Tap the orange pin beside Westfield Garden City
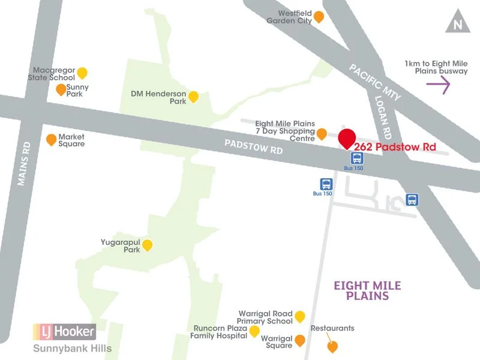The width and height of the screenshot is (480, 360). pyautogui.click(x=319, y=17)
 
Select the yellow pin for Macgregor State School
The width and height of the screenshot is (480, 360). pyautogui.click(x=82, y=73)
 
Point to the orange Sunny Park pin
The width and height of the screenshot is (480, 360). pyautogui.click(x=61, y=90)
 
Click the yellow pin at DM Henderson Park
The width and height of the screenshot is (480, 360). pyautogui.click(x=193, y=96)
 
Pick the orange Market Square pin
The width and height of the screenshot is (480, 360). pyautogui.click(x=52, y=139)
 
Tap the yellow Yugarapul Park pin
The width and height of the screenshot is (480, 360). pyautogui.click(x=147, y=245)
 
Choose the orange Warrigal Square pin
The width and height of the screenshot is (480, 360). pyautogui.click(x=299, y=340)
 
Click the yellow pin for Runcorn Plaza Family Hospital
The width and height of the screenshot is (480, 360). pyautogui.click(x=254, y=331)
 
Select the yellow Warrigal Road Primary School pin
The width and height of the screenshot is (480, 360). pyautogui.click(x=299, y=316)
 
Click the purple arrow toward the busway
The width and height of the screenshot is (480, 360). pyautogui.click(x=438, y=86)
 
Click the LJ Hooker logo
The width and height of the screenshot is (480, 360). pyautogui.click(x=64, y=331)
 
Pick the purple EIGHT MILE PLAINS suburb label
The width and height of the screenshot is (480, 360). pyautogui.click(x=367, y=290)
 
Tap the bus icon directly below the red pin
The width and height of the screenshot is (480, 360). pyautogui.click(x=357, y=158)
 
